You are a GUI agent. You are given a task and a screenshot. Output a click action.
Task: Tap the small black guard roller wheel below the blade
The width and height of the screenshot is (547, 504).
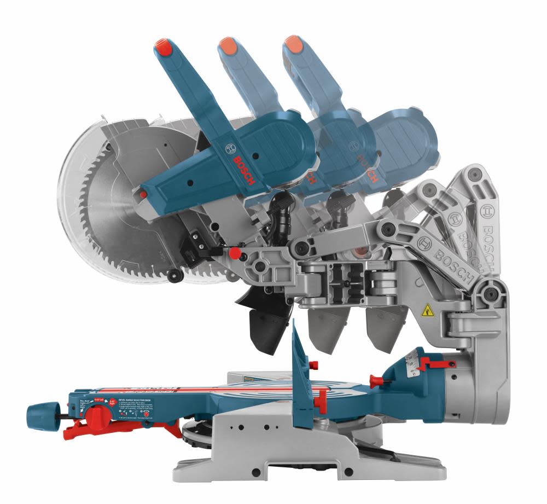(x=175, y=275)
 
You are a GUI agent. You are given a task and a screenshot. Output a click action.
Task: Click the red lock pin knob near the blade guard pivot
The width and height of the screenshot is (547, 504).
(x=235, y=253)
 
